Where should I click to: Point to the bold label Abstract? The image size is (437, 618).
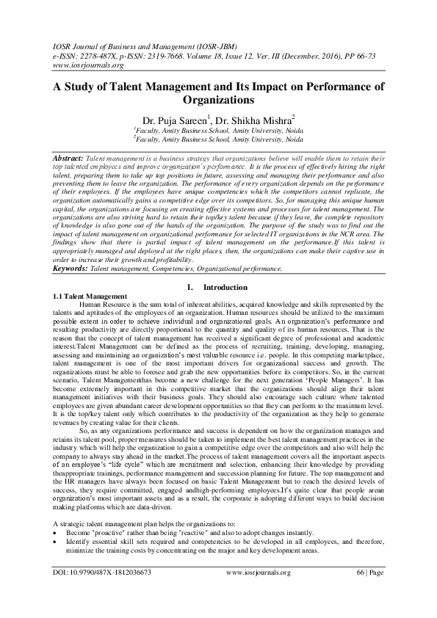coord(70,159)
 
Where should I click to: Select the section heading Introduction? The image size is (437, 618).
coord(225,286)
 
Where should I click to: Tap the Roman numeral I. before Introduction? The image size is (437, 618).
coord(192,286)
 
